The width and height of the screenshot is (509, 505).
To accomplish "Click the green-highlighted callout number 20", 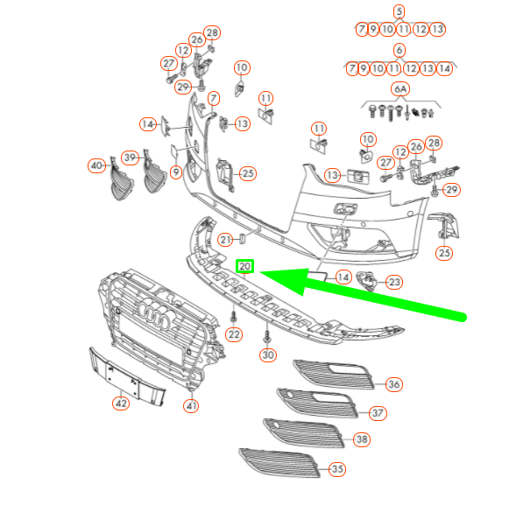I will [x=245, y=267].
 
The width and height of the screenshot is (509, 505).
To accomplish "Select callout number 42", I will [x=120, y=403].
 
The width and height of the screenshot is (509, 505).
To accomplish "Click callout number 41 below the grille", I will [x=191, y=405].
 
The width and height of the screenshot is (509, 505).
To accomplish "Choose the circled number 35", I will [x=336, y=469].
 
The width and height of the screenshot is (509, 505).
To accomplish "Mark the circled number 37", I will [x=378, y=412].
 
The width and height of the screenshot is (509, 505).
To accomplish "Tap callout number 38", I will [x=361, y=440].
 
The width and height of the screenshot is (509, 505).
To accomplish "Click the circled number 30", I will [x=267, y=355].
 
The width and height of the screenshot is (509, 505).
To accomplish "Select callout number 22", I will [x=233, y=333].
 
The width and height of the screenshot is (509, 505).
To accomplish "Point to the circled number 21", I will [x=226, y=240].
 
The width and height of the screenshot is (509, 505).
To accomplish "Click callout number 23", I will [x=394, y=282].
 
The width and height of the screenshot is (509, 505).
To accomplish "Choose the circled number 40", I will [x=95, y=165].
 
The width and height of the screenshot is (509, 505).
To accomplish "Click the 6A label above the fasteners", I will [x=400, y=89].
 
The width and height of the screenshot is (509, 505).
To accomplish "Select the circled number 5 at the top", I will [x=399, y=11].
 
